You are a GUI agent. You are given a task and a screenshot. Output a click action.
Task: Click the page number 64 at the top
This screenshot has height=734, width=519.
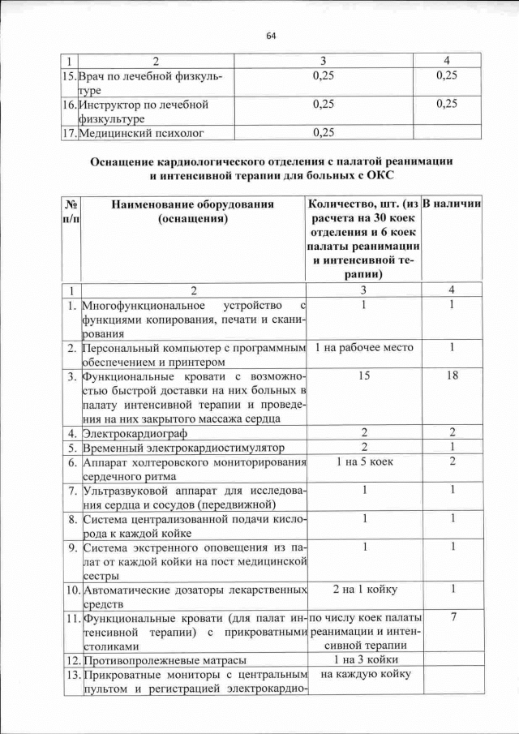point(271,36)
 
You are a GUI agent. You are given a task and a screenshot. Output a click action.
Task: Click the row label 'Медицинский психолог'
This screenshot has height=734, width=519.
point(141,131)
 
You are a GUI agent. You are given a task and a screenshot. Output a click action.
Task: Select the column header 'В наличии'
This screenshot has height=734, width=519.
point(453,204)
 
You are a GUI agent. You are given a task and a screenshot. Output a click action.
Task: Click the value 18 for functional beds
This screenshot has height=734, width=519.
point(453,376)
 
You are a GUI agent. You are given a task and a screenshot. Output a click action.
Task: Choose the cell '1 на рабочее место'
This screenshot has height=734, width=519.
point(363,348)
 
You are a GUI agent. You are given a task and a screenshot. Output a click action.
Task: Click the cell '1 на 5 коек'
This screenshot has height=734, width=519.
point(363,461)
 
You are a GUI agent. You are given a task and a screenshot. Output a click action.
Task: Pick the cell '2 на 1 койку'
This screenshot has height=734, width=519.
point(363,589)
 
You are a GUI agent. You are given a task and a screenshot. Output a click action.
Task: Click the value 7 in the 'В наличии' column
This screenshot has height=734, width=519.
point(453,617)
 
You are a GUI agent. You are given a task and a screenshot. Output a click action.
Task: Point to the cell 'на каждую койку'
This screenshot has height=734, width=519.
point(363,674)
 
